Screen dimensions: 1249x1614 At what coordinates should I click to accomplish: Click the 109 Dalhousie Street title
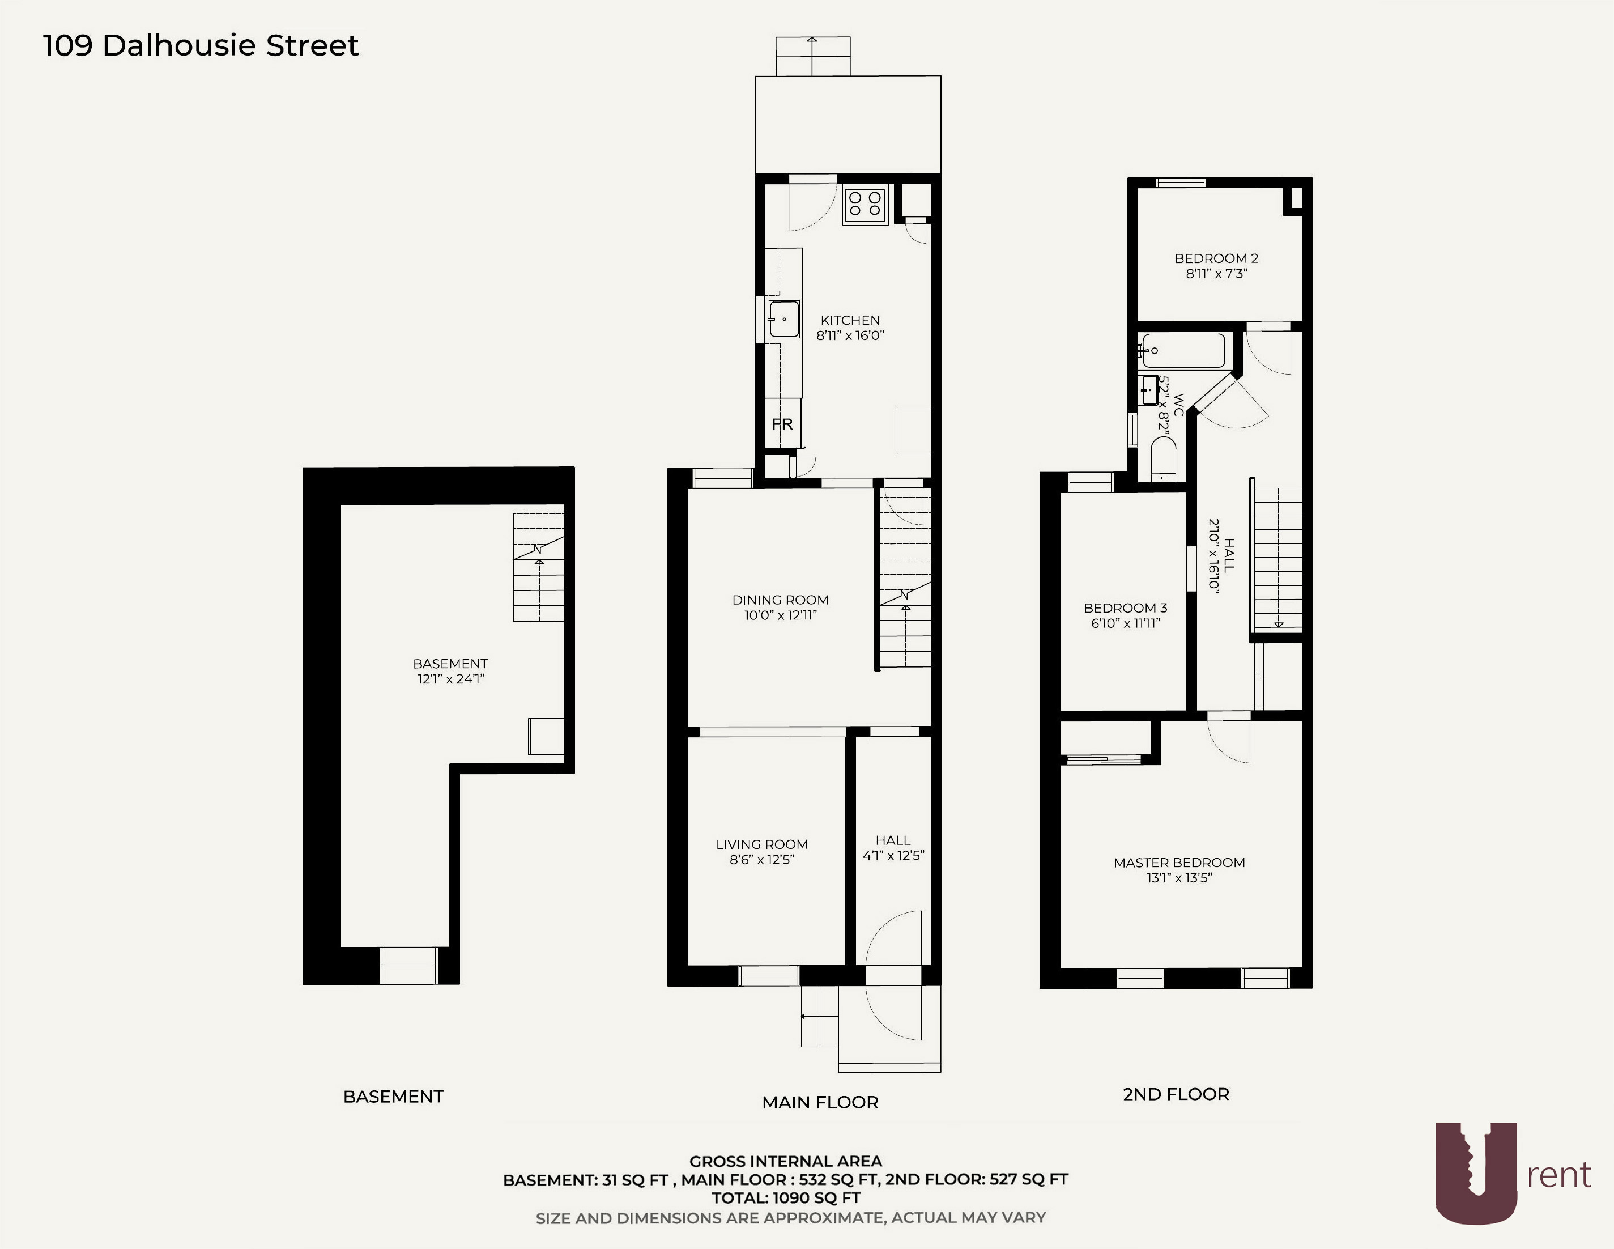[x=201, y=46]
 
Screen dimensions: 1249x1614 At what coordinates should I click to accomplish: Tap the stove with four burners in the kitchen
[x=865, y=205]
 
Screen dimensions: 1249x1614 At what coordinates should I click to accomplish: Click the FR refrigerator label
[x=782, y=424]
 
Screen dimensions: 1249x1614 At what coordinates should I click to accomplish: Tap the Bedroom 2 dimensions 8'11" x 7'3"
[x=1216, y=274]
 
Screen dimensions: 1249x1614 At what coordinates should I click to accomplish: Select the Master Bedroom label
[x=1179, y=863]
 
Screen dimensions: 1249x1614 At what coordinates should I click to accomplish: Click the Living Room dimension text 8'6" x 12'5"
[x=761, y=860]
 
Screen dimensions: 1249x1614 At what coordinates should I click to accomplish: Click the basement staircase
[x=539, y=567]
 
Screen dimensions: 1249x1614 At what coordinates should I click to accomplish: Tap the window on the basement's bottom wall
[x=408, y=965]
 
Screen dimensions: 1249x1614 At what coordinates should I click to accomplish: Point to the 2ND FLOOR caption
[x=1175, y=1094]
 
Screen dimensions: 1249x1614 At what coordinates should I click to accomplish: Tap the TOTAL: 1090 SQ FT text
[x=786, y=1198]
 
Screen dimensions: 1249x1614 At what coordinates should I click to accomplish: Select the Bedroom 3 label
[x=1125, y=608]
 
